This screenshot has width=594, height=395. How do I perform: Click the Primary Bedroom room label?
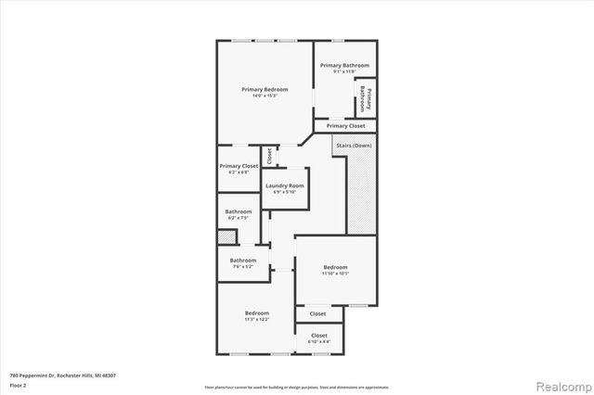pyautogui.click(x=265, y=89)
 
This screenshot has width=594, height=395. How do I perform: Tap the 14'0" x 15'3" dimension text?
pyautogui.click(x=265, y=96)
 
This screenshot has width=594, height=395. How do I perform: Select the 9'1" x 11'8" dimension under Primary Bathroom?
pyautogui.click(x=344, y=72)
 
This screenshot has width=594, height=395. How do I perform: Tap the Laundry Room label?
pyautogui.click(x=283, y=185)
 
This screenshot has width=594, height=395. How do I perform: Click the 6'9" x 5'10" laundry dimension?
pyautogui.click(x=283, y=192)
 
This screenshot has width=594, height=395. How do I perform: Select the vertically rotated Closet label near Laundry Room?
pyautogui.click(x=269, y=156)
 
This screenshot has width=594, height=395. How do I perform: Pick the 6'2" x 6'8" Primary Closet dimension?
pyautogui.click(x=239, y=172)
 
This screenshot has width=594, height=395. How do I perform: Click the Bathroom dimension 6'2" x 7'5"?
pyautogui.click(x=238, y=219)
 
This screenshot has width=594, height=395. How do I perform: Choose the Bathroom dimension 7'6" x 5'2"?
pyautogui.click(x=243, y=267)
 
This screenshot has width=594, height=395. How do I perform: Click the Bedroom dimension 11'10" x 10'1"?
pyautogui.click(x=334, y=273)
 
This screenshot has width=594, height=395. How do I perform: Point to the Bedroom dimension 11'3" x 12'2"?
pyautogui.click(x=257, y=319)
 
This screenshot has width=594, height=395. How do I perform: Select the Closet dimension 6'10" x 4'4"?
pyautogui.click(x=319, y=342)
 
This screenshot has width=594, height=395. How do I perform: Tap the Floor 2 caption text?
pyautogui.click(x=18, y=384)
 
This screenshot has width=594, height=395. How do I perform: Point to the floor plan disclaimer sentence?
pyautogui.click(x=297, y=387)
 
